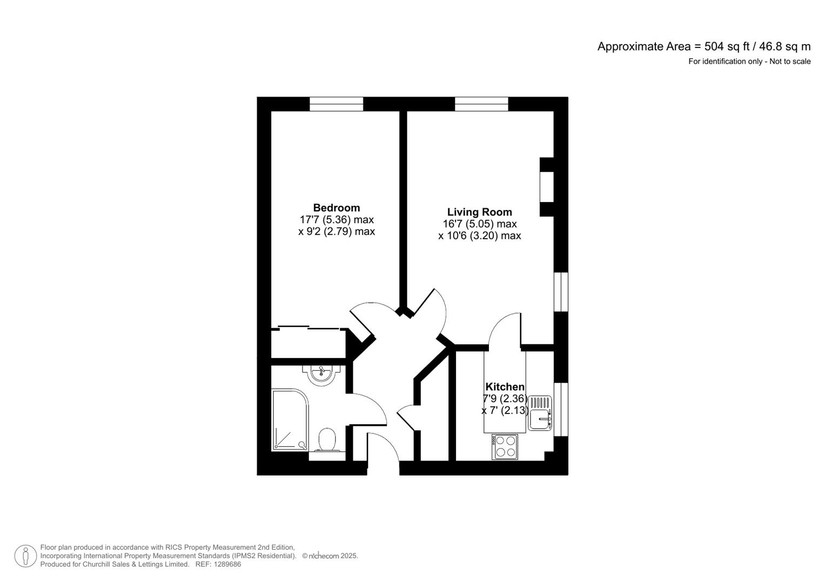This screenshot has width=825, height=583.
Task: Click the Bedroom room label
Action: tap(336, 208)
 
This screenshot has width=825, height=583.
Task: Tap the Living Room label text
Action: tap(479, 212)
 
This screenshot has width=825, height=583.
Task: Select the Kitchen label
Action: tap(505, 387)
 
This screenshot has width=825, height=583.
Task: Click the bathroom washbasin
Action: tap(322, 374)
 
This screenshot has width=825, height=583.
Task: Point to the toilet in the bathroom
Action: tap(327, 440)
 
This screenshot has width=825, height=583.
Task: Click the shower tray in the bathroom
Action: tap(290, 420)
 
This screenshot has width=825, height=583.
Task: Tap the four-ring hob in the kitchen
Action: tap(505, 447)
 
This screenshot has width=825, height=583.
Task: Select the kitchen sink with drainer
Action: tap(540, 413)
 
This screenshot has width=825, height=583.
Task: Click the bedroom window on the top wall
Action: tap(336, 104)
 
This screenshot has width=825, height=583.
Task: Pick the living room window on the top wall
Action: tap(481, 104)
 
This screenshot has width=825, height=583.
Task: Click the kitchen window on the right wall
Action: tap(561, 409)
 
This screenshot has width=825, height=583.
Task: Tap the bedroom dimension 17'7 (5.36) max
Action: tap(336, 220)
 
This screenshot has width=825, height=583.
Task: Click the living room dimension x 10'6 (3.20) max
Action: tap(479, 236)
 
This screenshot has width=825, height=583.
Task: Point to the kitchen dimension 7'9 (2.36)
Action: tap(505, 399)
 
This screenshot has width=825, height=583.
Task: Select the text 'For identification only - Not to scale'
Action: tap(749, 62)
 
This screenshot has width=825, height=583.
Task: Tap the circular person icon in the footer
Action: tap(25, 556)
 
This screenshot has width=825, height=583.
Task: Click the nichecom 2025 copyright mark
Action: tap(330, 556)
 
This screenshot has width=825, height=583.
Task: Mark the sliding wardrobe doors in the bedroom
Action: tap(308, 327)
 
